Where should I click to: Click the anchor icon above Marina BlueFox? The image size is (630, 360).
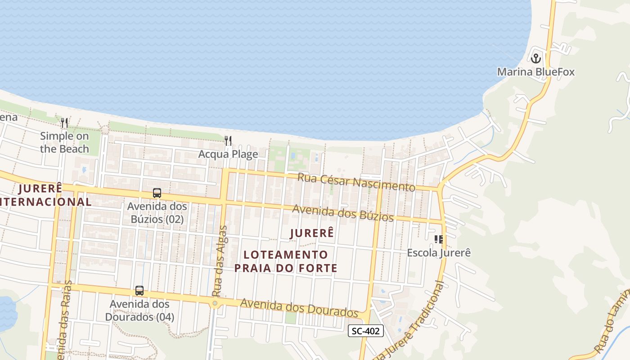tap(535, 58)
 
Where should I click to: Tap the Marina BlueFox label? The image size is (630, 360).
tap(535, 72)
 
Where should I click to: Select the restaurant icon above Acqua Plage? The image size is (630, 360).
tap(228, 141)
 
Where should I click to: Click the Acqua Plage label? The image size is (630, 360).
tap(228, 154)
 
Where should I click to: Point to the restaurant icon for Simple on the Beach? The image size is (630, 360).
tap(64, 123)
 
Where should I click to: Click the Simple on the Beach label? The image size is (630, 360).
tap(64, 142)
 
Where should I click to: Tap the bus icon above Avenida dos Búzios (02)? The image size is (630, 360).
tap(157, 193)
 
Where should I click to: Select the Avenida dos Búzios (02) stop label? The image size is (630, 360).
tap(157, 213)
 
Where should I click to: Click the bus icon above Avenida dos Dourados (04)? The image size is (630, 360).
tap(139, 291)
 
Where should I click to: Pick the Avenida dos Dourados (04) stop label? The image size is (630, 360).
tap(139, 310)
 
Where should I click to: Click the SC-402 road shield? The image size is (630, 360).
tap(366, 331)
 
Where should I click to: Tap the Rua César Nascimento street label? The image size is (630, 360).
tap(356, 182)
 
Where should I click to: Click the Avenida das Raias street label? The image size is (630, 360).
tap(64, 319)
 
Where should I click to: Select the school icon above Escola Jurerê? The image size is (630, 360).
tap(438, 239)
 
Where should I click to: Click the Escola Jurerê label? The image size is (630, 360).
tap(439, 253)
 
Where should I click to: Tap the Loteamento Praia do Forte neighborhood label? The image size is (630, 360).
tap(286, 262)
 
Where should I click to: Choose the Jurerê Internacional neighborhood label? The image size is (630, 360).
tap(45, 195)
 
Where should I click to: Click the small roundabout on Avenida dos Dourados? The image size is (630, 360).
tap(215, 303)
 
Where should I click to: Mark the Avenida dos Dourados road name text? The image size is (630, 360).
tap(299, 307)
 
